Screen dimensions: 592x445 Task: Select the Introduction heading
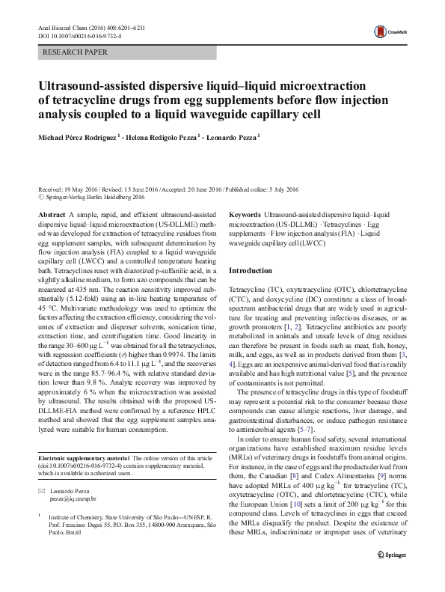(251, 269)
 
